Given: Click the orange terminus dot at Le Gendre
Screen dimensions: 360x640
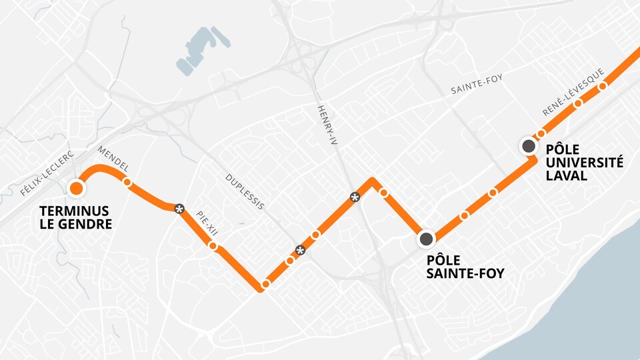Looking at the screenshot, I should click(77, 189).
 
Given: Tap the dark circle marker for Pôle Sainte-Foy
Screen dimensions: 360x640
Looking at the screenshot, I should click(426, 238).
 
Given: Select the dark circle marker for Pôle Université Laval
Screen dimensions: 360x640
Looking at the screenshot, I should click(529, 146).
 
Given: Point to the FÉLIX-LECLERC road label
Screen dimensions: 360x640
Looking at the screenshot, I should click(46, 172).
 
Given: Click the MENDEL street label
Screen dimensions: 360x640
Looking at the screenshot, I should click(112, 158).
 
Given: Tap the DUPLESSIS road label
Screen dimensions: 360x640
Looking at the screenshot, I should click(245, 192).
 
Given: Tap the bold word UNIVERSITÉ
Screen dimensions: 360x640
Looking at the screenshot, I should click(584, 162).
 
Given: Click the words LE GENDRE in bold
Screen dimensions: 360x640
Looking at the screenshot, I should click(75, 225).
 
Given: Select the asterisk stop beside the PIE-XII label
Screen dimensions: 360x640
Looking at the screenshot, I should click(179, 209).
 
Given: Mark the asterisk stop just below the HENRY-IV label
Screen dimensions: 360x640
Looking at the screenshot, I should click(355, 197).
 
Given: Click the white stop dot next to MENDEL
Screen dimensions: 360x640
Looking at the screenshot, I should click(127, 181).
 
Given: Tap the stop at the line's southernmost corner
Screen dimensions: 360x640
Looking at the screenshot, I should click(265, 285).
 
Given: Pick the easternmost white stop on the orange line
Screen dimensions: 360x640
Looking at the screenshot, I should click(602, 86).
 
